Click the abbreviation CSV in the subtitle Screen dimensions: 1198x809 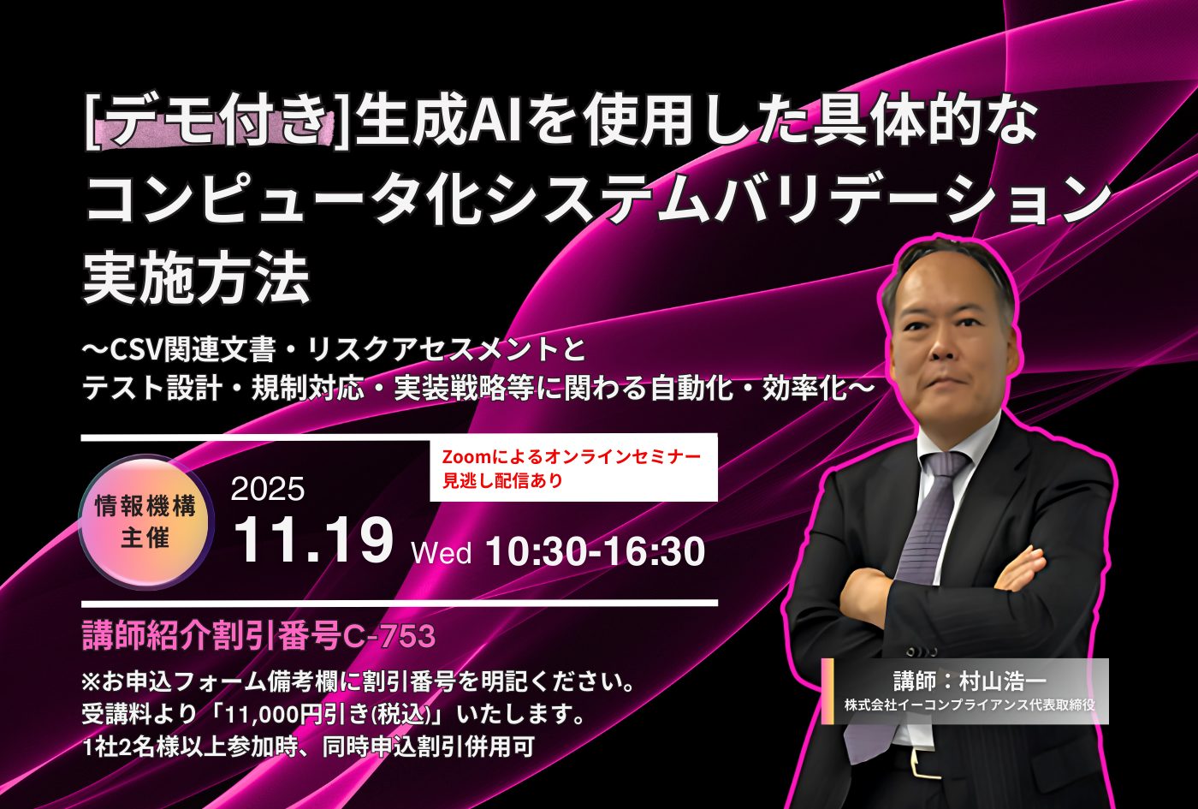pos(136,350)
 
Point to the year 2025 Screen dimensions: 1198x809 pos(268,489)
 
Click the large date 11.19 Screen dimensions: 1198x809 pos(313,540)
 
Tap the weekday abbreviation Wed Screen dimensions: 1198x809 pos(442,552)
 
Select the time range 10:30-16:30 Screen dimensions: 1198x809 pos(596,551)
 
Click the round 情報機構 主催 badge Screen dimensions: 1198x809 pos(146,521)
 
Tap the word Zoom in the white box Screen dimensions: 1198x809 pos(466,457)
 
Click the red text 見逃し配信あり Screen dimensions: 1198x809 pos(503,480)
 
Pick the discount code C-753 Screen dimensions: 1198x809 pos(388,636)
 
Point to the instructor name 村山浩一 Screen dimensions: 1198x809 pos(1003,681)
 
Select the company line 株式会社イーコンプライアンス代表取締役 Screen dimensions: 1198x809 pos(970,705)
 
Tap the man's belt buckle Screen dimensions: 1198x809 pos(925,764)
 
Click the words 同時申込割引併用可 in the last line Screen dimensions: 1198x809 pos(429,747)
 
